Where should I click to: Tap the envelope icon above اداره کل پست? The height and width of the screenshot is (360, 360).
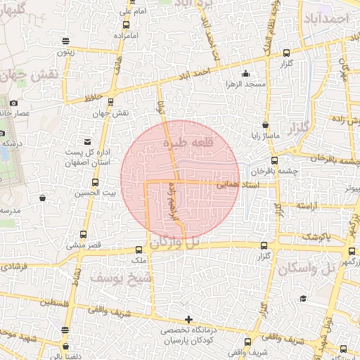[87, 141]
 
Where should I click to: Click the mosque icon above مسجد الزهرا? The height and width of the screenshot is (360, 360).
[245, 74]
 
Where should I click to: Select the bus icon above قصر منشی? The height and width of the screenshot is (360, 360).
[84, 234]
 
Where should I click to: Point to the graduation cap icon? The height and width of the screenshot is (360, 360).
[303, 299]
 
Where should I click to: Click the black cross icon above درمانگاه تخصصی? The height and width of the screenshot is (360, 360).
[188, 320]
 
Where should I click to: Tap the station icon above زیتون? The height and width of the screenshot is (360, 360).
[65, 41]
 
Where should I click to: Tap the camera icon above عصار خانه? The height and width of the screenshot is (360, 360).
[14, 103]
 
